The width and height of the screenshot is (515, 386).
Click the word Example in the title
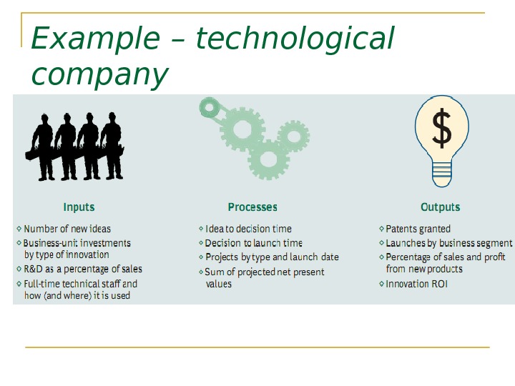point(96,39)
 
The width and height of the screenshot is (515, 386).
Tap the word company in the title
point(100,74)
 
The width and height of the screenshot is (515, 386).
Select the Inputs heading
point(79,207)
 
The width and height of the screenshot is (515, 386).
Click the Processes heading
point(252,207)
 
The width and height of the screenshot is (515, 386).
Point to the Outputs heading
point(441,207)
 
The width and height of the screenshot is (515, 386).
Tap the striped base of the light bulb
point(443,171)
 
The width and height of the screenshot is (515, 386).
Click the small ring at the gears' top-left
point(209,109)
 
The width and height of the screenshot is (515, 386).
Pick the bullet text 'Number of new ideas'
point(67,229)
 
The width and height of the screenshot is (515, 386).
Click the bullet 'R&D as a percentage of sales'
point(83,269)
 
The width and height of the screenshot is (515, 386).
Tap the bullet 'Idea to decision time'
point(248,229)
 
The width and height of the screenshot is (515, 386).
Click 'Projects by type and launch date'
point(272,257)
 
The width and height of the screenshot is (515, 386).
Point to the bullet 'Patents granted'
point(418,229)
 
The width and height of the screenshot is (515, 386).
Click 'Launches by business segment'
point(448,243)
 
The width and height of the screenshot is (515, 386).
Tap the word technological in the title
point(294,39)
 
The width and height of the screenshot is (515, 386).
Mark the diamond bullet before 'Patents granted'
point(381,229)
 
